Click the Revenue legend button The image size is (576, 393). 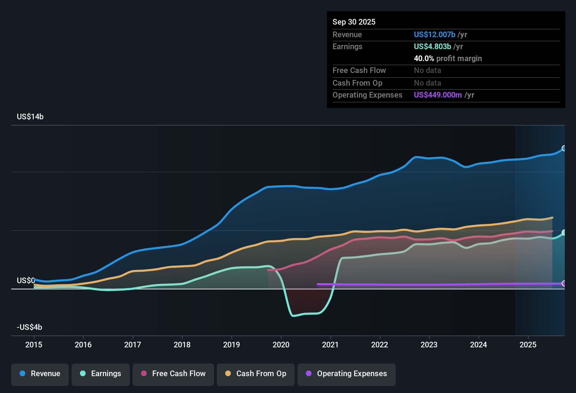coord(40,374)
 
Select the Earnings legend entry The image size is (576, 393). coord(101,374)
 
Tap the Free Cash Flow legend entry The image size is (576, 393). coord(173,374)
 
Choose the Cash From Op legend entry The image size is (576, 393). coord(256,374)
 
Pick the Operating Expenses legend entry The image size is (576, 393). coord(347,374)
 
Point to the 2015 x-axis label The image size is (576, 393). coord(34,345)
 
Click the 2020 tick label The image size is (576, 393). coord(281,345)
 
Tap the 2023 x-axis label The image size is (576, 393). coord(429,345)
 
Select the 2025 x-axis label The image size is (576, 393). coord(528,345)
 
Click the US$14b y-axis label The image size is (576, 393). coord(30,117)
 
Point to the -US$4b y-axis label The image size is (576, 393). coord(29,327)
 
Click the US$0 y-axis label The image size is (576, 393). coord(26,281)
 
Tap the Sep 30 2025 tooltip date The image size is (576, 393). coord(354,22)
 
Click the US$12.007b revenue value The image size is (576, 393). coord(435,34)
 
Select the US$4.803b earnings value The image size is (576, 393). coord(433,46)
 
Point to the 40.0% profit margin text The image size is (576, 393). coord(448,58)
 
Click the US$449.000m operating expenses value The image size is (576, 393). coord(438,95)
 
